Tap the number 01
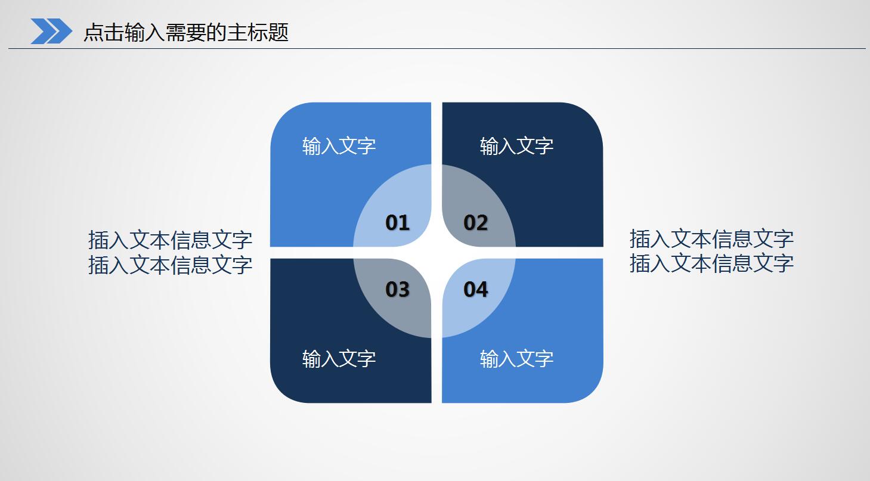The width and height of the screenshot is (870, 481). [398, 223]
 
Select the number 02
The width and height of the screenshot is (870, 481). [476, 223]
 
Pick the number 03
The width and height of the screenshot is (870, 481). [398, 290]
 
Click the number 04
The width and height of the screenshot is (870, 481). [476, 290]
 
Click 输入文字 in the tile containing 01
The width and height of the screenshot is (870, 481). [339, 146]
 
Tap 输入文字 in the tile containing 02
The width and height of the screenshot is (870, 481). [516, 146]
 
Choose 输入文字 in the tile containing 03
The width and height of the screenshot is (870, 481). [339, 359]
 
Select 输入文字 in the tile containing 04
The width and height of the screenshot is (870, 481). [516, 359]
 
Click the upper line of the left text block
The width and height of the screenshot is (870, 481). [170, 240]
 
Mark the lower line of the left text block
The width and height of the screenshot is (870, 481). [170, 265]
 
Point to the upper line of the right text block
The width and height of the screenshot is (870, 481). [711, 239]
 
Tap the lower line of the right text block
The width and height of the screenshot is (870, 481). [711, 263]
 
